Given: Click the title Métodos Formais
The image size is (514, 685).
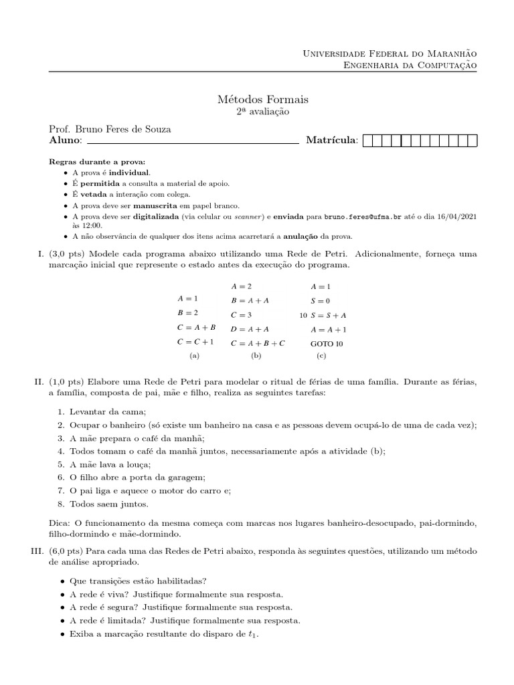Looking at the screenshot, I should click(263, 99).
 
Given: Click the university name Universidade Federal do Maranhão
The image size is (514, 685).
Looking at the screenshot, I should click(390, 53).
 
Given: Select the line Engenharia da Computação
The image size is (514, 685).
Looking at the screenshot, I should click(410, 64).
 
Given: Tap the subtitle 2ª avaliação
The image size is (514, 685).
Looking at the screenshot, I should click(263, 112).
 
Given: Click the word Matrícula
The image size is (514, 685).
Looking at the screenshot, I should click(331, 140).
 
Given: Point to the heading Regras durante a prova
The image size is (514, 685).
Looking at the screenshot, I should click(97, 162).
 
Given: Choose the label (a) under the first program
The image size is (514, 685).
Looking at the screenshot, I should click(195, 357).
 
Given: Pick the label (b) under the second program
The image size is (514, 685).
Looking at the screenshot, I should click(255, 357).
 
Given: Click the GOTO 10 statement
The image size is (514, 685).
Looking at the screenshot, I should click(327, 344).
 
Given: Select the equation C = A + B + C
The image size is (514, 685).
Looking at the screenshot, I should click(258, 344).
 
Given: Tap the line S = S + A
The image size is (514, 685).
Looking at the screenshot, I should click(328, 314).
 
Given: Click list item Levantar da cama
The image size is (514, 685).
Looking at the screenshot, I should click(107, 412).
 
